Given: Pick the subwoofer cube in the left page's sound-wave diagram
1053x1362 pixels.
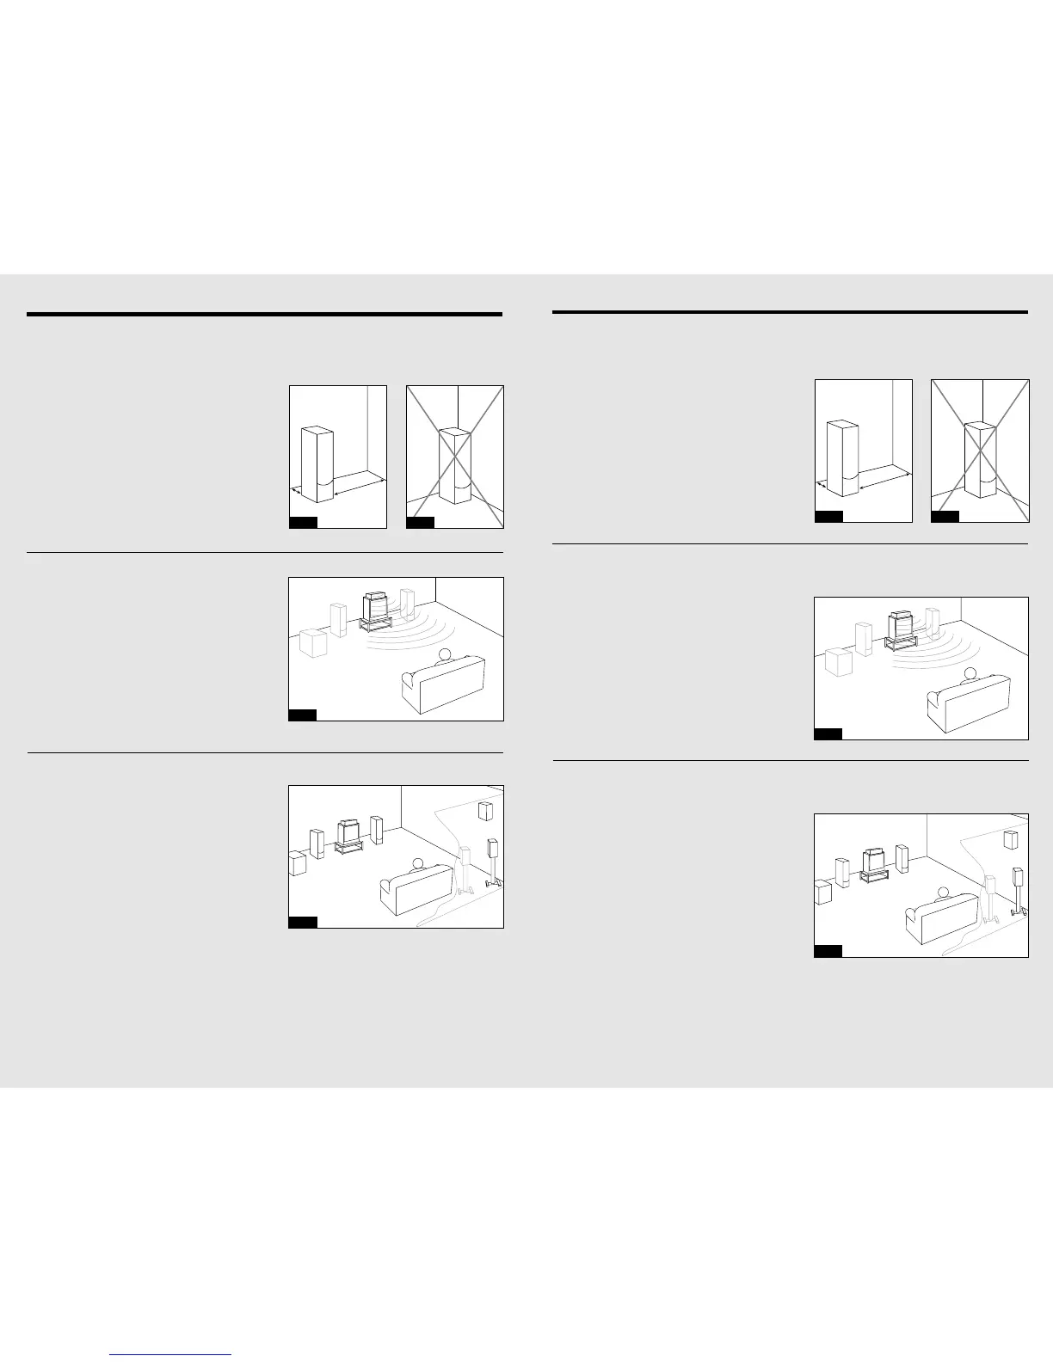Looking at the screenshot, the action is [312, 642].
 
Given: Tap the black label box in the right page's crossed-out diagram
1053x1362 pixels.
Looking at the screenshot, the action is [945, 516].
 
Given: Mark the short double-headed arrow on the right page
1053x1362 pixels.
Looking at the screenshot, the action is [821, 486].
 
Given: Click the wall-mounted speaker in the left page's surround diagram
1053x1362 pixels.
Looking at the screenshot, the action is [486, 811].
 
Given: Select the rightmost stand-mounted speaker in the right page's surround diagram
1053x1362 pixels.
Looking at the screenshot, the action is [1019, 880].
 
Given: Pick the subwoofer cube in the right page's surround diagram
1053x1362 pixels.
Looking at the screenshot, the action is [823, 892].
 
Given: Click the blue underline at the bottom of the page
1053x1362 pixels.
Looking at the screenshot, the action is [171, 1355].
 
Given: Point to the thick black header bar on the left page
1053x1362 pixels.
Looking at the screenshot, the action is [264, 315].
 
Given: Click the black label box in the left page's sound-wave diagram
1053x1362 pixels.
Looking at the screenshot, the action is [302, 715].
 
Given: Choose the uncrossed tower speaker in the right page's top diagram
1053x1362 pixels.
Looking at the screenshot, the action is [841, 457].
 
